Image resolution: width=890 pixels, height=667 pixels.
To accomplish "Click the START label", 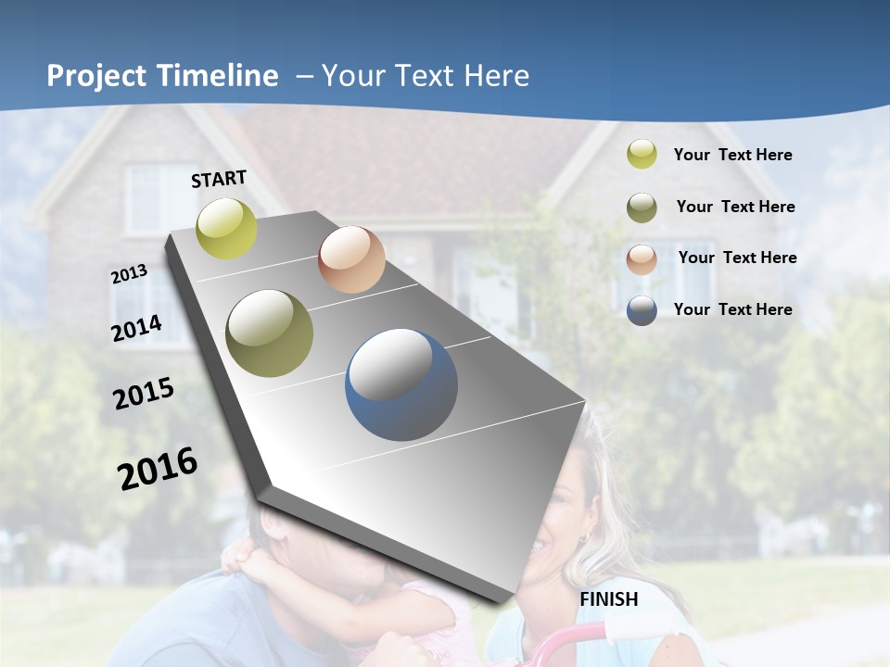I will (x=219, y=179).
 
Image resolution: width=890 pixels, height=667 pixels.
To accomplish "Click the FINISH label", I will (x=609, y=599).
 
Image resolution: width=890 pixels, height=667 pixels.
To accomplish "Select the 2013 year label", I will (x=129, y=274).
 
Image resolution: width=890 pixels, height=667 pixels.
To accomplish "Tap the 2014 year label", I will (x=136, y=328).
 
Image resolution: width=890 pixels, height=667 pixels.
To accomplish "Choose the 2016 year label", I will (x=158, y=468).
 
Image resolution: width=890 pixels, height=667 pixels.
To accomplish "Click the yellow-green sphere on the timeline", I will (x=227, y=229).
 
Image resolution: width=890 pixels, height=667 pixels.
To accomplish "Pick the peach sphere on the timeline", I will (x=351, y=259).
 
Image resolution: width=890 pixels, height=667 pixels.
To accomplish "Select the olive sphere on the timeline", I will (x=270, y=333).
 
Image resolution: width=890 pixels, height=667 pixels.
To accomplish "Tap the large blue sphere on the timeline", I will (x=401, y=384).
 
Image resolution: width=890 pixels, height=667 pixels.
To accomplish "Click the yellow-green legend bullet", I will (x=642, y=155).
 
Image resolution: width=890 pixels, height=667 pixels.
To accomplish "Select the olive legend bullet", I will (x=642, y=208).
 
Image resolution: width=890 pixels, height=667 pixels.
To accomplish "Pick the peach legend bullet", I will (x=642, y=258).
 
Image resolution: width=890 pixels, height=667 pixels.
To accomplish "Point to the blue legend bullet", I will (x=642, y=310).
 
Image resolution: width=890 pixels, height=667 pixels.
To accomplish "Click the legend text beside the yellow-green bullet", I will (x=732, y=155).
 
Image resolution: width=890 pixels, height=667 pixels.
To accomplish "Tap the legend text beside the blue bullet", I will (x=732, y=309).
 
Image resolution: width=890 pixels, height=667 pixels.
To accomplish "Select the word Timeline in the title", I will (x=218, y=76).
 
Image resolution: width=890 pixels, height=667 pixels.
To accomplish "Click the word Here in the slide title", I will (x=497, y=76).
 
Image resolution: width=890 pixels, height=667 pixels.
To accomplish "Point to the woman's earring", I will (x=585, y=538).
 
